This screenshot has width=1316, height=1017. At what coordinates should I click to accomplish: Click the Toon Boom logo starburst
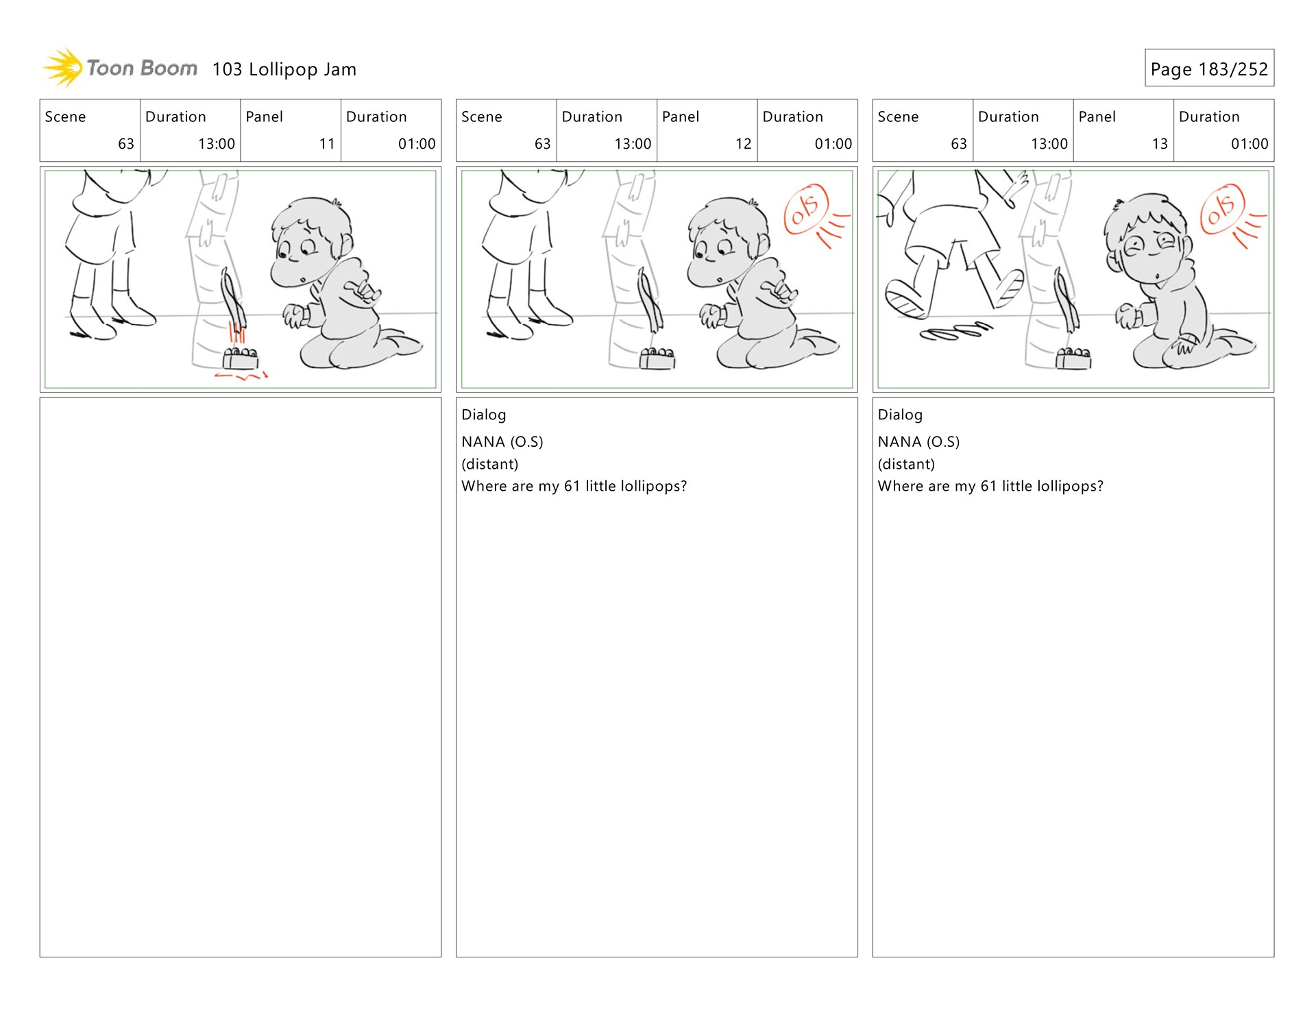click(x=63, y=68)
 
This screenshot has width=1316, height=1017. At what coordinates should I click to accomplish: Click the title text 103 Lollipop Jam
click(x=284, y=69)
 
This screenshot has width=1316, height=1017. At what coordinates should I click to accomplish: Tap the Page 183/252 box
click(x=1209, y=68)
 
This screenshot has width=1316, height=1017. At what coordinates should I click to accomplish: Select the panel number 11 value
click(x=327, y=144)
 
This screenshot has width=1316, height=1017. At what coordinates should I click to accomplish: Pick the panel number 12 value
click(x=744, y=144)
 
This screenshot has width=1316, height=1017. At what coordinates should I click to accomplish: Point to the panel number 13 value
click(x=1160, y=144)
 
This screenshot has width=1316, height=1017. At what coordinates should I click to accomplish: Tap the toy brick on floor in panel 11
click(x=241, y=358)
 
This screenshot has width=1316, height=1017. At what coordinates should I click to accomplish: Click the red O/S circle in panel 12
click(x=806, y=209)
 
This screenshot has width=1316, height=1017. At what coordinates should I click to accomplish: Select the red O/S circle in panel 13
click(x=1222, y=209)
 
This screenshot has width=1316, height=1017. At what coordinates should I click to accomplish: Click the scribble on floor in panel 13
click(x=955, y=331)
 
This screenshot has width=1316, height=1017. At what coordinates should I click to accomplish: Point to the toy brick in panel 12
click(x=657, y=358)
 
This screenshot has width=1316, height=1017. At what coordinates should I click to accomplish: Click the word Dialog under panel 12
click(x=484, y=415)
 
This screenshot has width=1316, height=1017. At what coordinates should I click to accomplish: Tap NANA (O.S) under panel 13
click(x=918, y=441)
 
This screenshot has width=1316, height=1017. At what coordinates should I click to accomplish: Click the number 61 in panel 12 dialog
click(x=572, y=486)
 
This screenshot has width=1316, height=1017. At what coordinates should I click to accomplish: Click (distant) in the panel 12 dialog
click(x=489, y=464)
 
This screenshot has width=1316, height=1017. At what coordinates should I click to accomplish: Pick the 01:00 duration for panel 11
click(x=417, y=144)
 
